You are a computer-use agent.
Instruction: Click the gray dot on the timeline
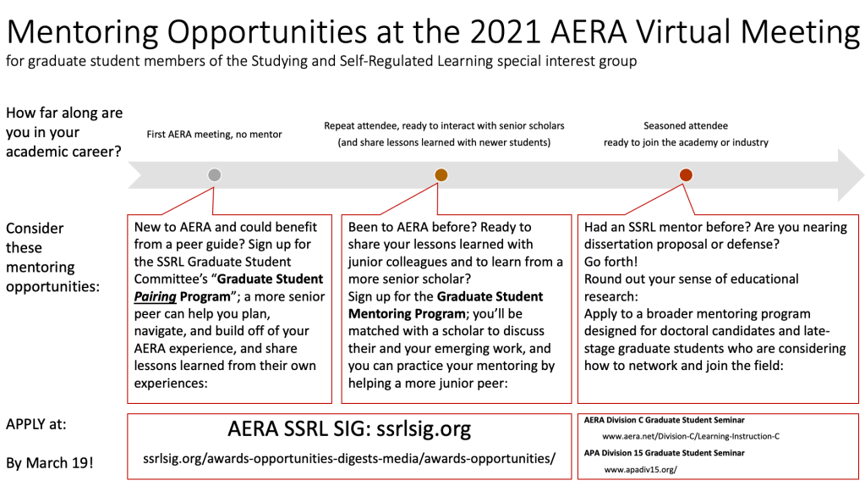click(214, 175)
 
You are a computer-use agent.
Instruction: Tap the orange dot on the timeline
click(441, 175)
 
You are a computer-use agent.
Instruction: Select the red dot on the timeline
click(686, 175)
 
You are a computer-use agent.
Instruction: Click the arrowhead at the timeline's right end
click(851, 175)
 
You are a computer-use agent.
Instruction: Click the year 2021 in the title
click(505, 31)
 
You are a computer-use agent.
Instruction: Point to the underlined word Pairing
click(155, 297)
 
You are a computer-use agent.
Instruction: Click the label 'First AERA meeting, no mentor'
click(214, 135)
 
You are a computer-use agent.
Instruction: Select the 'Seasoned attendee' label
click(686, 126)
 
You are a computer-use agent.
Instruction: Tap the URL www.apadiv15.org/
click(640, 470)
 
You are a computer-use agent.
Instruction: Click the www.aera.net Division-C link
click(691, 436)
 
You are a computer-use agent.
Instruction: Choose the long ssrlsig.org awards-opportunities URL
click(349, 458)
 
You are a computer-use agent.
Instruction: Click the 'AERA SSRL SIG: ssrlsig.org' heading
click(349, 429)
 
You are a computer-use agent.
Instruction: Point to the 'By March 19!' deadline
click(50, 463)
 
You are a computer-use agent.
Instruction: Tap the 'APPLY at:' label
click(36, 424)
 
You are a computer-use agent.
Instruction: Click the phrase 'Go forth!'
click(610, 262)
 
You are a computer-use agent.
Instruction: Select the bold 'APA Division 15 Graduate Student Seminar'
click(665, 453)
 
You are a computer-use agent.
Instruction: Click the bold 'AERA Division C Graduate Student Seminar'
click(665, 420)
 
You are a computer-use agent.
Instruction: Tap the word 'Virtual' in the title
click(684, 31)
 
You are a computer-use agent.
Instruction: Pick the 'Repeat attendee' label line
click(444, 126)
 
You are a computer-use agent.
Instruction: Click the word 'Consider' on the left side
click(35, 229)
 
